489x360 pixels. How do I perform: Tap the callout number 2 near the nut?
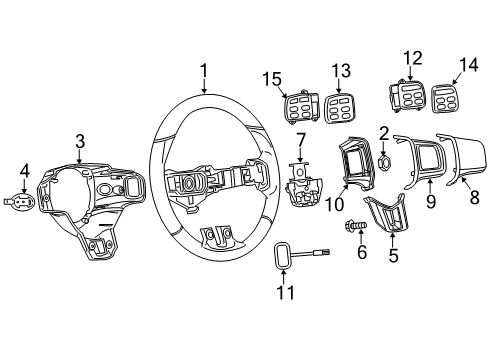[x=384, y=133]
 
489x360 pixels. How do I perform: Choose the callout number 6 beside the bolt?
[x=361, y=252]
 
